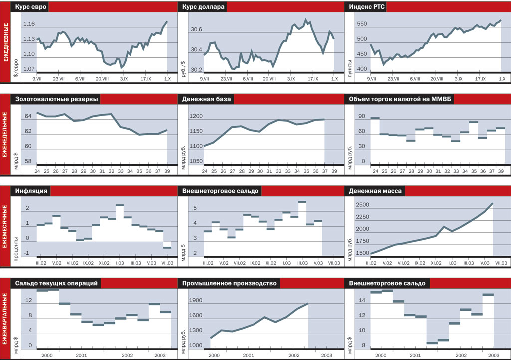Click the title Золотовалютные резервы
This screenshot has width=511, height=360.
coord(56,99)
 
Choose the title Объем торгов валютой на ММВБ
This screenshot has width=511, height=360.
coord(399,99)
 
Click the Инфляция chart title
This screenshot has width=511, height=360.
coord(31,190)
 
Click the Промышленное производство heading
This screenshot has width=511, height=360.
coord(230,283)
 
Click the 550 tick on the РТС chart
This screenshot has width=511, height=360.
coord(361,24)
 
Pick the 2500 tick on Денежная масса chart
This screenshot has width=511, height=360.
coord(362,205)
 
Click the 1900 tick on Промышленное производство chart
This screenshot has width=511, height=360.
coord(196,301)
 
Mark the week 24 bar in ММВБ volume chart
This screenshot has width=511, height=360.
coord(375,118)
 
